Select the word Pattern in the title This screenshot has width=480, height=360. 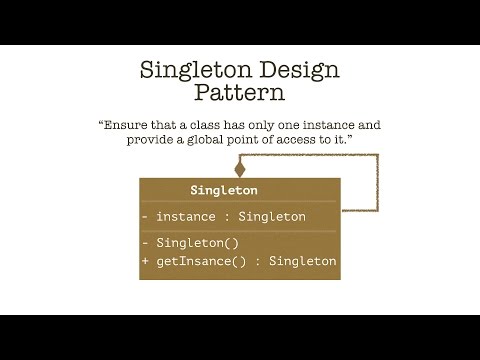240,93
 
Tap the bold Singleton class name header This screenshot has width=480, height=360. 224,190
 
